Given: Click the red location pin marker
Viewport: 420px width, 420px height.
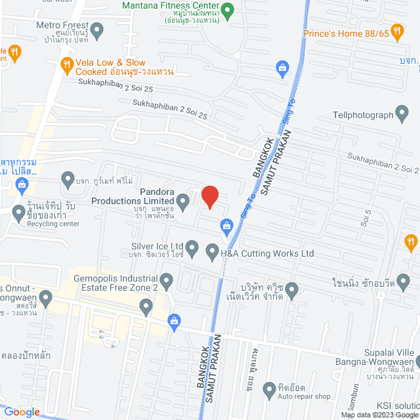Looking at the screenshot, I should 209,196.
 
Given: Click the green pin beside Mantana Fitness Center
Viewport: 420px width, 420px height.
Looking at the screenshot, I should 228,10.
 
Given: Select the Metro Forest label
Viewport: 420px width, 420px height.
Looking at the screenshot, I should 62,26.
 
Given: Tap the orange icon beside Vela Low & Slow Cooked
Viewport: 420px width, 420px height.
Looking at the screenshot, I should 66,64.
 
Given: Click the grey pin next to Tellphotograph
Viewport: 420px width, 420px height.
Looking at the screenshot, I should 402,114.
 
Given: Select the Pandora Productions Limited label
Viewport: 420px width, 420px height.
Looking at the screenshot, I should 133,196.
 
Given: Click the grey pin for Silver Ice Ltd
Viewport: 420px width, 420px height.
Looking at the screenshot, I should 192,248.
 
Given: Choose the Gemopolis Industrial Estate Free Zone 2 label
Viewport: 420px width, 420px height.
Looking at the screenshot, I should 116,283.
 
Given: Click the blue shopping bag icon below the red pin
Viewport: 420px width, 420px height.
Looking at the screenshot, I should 226,226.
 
